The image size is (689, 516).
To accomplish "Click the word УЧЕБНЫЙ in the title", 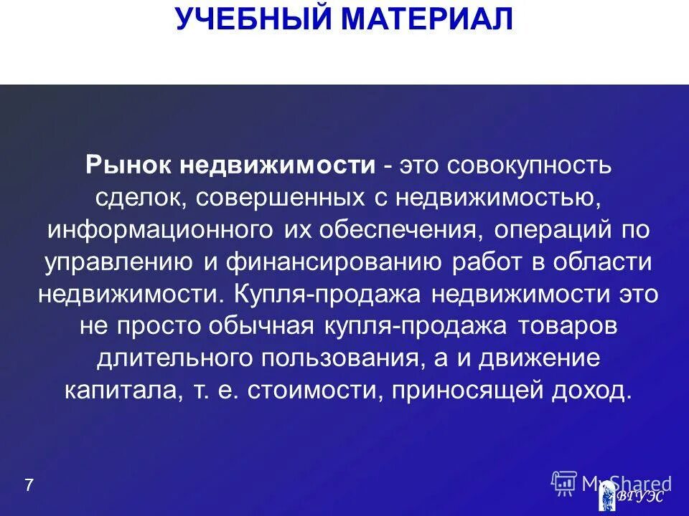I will pyautogui.click(x=254, y=19).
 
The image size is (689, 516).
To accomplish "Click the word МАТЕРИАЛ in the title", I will pyautogui.click(x=427, y=19).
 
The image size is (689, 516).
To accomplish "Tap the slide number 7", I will pyautogui.click(x=29, y=485).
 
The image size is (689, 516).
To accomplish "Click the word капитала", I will pyautogui.click(x=108, y=391).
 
